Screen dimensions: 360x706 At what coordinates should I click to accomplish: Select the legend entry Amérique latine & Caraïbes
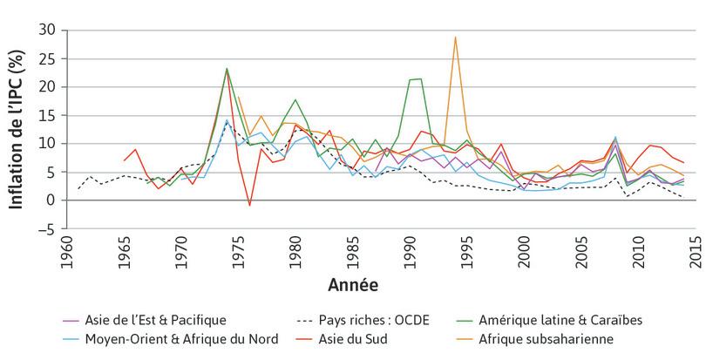tap(570, 320)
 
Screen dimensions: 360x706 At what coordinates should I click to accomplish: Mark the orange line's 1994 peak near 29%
tap(455, 37)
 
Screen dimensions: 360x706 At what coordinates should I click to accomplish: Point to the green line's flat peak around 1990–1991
tap(416, 79)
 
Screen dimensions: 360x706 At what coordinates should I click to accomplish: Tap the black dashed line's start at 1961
tap(79, 188)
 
